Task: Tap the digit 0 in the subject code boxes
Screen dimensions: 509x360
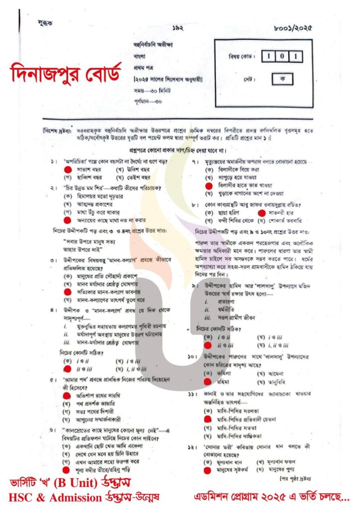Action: click(x=281, y=56)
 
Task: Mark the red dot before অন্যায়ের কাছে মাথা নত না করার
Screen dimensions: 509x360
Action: click(x=67, y=219)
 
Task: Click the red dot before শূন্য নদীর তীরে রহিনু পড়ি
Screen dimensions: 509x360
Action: click(x=66, y=468)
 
